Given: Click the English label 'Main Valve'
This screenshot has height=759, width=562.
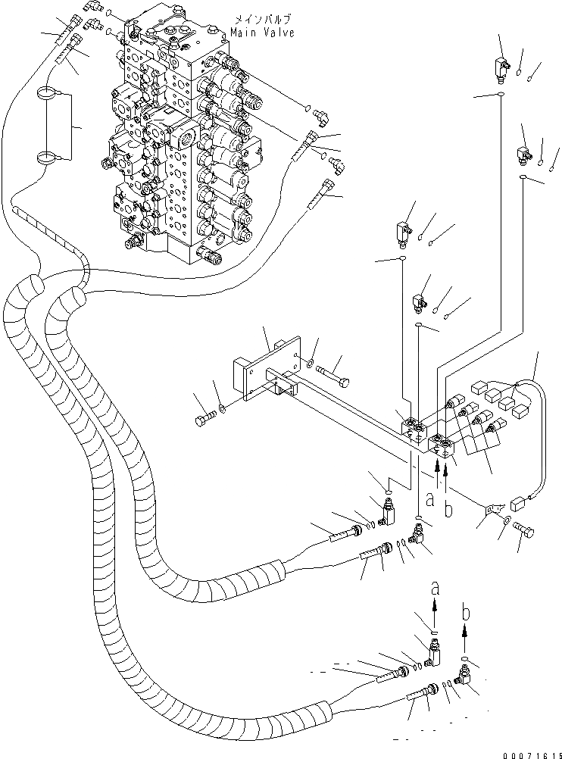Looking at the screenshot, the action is (262, 33).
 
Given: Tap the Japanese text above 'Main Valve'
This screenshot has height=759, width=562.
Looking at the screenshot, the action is (262, 20).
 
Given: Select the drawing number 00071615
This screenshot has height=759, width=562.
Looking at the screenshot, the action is (532, 754).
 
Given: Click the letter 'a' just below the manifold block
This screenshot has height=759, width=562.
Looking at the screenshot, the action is (429, 499).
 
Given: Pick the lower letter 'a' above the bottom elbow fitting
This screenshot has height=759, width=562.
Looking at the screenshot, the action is (435, 588).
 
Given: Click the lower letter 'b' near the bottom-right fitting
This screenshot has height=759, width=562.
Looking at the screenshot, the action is (466, 613).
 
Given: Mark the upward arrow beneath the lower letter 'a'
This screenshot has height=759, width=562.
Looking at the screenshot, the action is (435, 611).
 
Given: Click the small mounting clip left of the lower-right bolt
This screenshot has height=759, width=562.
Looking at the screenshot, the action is (493, 509).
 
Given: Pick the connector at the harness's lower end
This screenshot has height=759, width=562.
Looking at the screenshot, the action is (519, 504).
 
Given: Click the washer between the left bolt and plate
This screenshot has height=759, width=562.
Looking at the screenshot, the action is (223, 410).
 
